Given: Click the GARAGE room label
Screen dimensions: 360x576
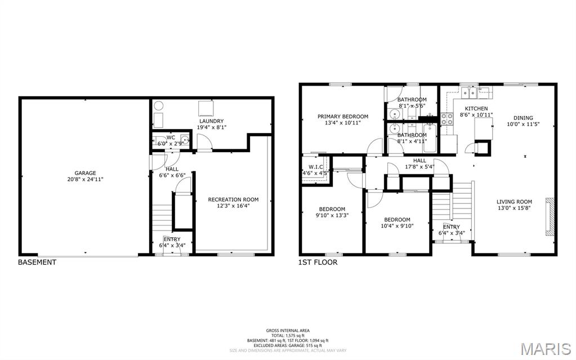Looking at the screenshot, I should [x=86, y=173].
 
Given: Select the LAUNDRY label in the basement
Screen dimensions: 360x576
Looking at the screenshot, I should [x=211, y=121].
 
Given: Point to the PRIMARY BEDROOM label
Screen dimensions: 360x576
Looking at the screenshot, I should [x=342, y=117].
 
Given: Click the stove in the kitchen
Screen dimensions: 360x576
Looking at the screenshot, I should [x=447, y=119].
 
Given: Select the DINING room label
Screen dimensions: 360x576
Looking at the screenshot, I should [x=523, y=118].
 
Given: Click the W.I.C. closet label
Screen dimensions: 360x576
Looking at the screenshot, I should [x=315, y=167].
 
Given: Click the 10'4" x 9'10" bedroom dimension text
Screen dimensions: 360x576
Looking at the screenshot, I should [x=397, y=226].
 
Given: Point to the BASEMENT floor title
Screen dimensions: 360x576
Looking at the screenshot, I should [x=37, y=262].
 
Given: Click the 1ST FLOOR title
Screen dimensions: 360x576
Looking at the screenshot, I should [x=318, y=262].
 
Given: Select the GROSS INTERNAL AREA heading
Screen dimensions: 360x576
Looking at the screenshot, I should [x=288, y=331].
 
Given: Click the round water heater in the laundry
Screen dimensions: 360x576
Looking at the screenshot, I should [x=158, y=105].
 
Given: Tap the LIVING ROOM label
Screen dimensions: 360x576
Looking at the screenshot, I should [x=514, y=201].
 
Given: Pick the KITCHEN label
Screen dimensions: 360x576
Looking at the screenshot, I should [x=476, y=108].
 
